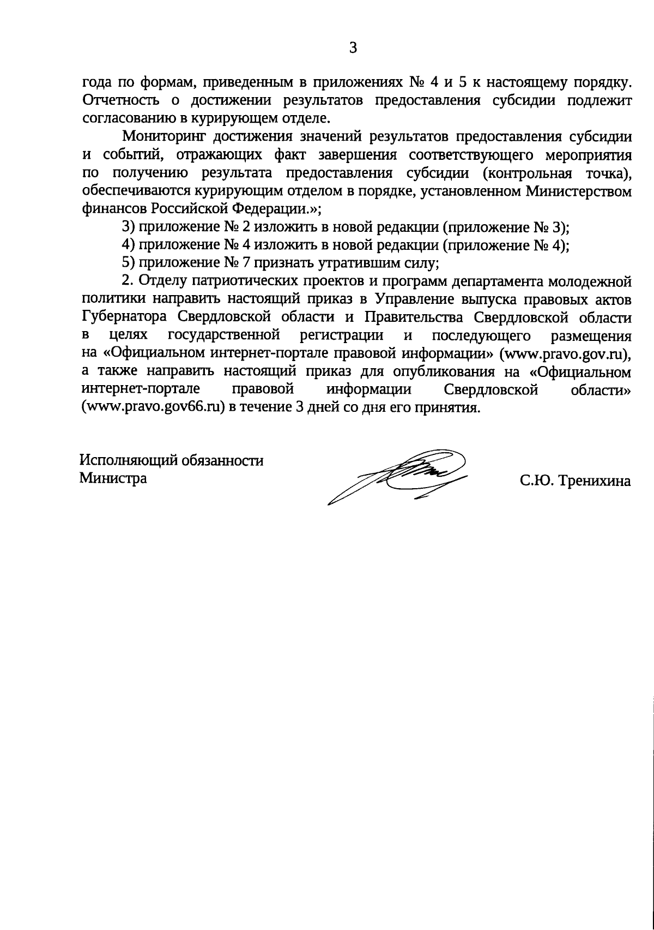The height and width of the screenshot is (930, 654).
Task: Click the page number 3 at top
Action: click(353, 49)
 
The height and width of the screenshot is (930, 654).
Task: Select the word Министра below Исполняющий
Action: click(113, 478)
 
